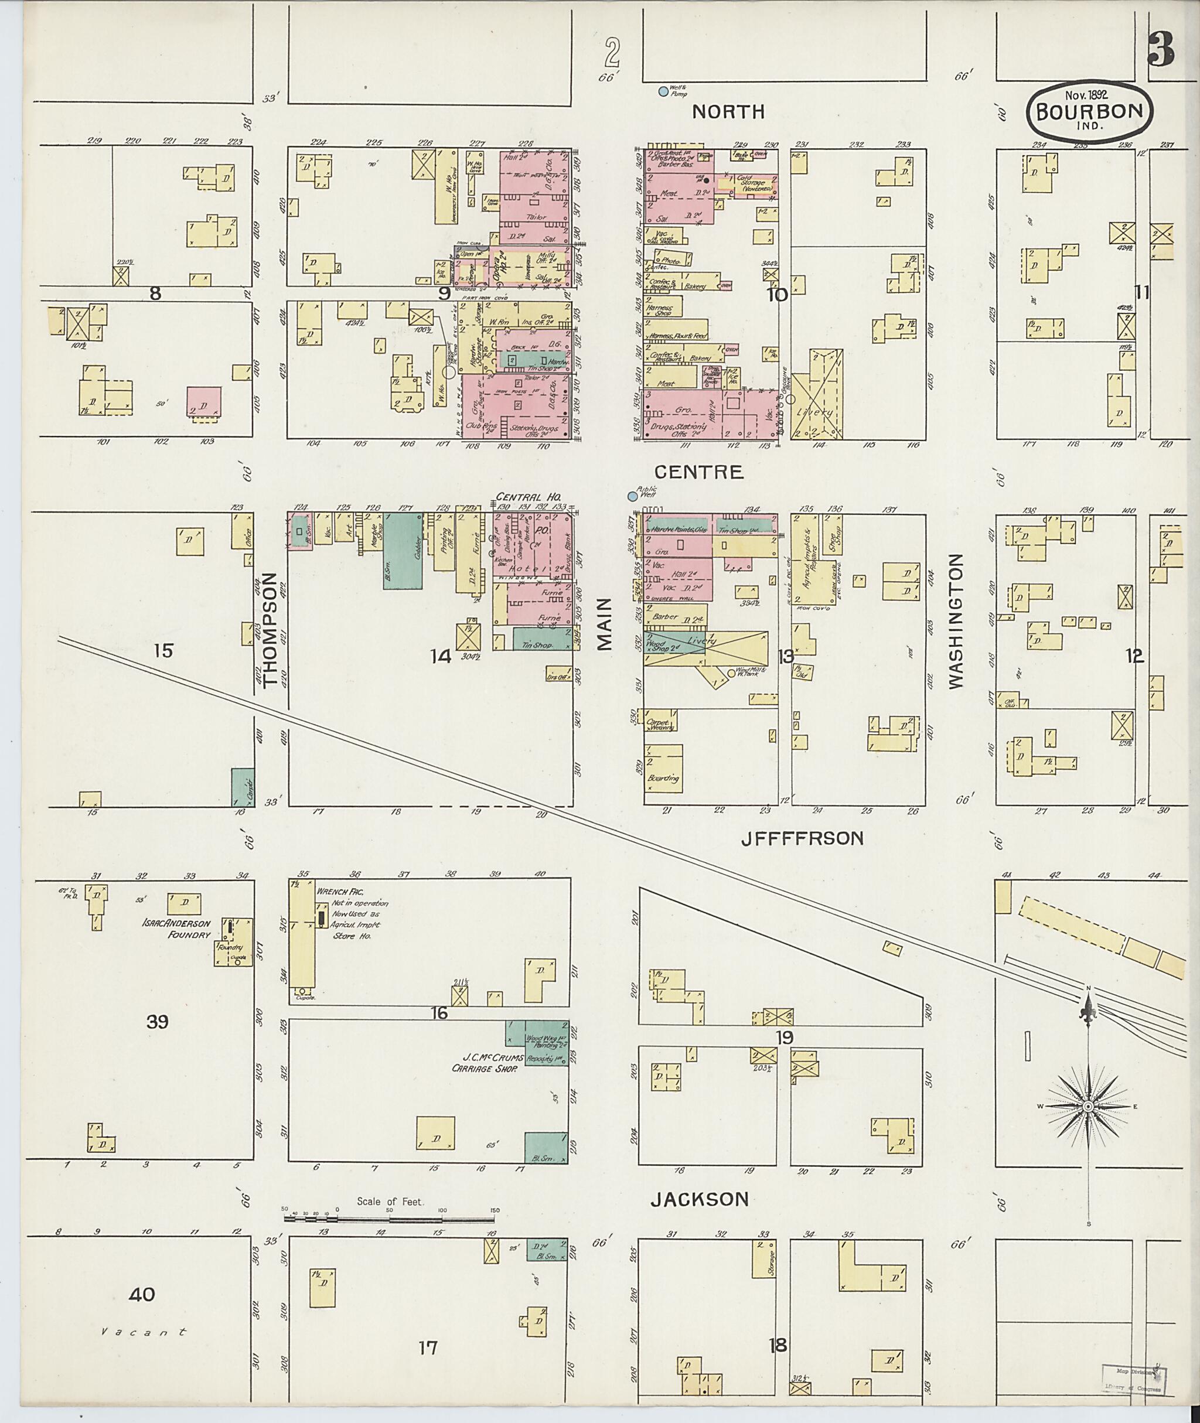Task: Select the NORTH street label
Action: [728, 111]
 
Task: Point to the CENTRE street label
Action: [698, 472]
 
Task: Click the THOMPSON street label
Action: [270, 629]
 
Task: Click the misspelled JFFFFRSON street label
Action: [802, 839]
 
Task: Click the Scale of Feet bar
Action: [389, 1232]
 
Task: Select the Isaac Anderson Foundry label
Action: [177, 929]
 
